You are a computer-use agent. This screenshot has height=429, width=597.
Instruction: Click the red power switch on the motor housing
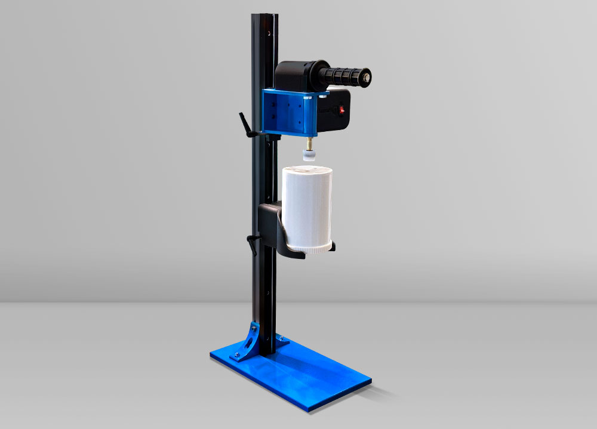(342, 110)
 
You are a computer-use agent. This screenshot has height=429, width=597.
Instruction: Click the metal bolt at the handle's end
(365, 76)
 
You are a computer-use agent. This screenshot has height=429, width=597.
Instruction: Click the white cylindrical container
(306, 203)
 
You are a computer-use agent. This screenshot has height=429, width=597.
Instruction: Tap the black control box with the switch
(334, 110)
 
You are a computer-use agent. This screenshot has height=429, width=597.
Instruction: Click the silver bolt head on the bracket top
(323, 93)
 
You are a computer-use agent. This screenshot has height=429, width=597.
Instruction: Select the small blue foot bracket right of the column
(282, 341)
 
